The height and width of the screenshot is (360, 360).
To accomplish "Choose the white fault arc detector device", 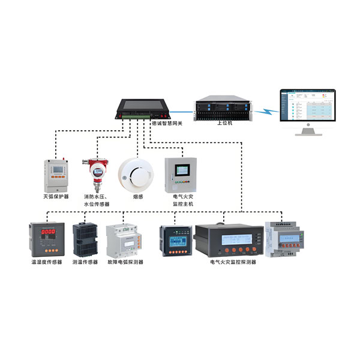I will click(124, 242).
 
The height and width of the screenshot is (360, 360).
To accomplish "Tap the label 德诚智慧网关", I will click(166, 124).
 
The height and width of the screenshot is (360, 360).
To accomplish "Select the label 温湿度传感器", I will click(47, 262).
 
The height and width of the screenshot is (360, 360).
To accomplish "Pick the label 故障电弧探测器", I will click(125, 262).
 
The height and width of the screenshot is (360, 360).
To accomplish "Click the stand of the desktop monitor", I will click(307, 130).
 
